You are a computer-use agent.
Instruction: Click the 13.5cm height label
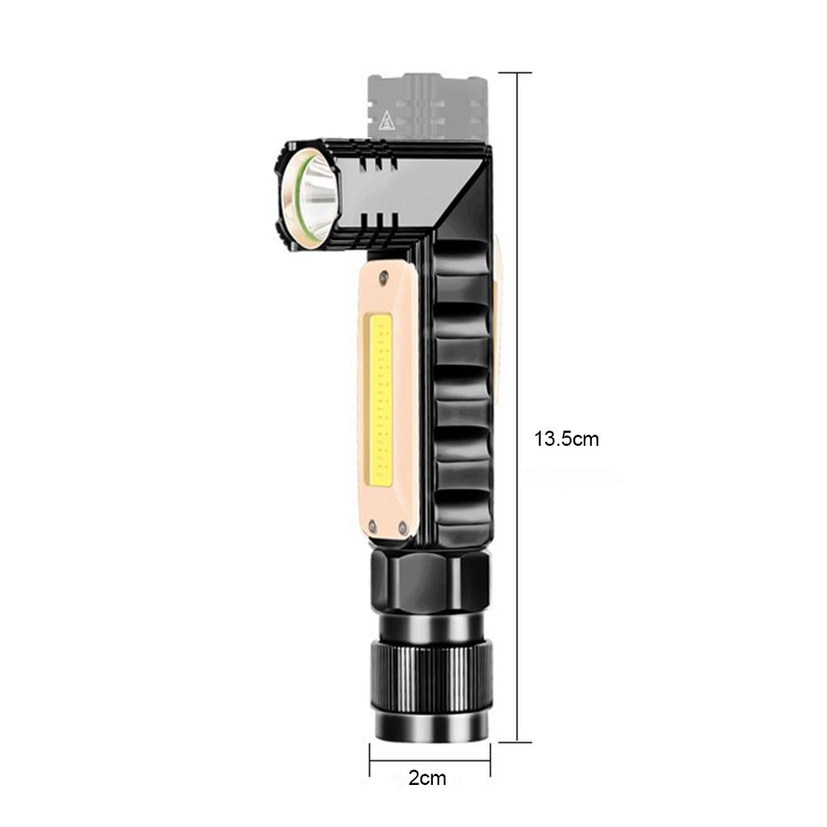pos(566,439)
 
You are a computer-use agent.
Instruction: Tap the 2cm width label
pos(427,779)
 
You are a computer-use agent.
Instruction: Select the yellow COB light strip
pos(381,401)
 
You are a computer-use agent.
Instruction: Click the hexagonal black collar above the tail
pos(430,581)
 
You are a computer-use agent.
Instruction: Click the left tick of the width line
pos(370,760)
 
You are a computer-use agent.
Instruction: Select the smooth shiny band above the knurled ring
pos(430,625)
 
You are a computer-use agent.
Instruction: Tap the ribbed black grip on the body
pos(461,388)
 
